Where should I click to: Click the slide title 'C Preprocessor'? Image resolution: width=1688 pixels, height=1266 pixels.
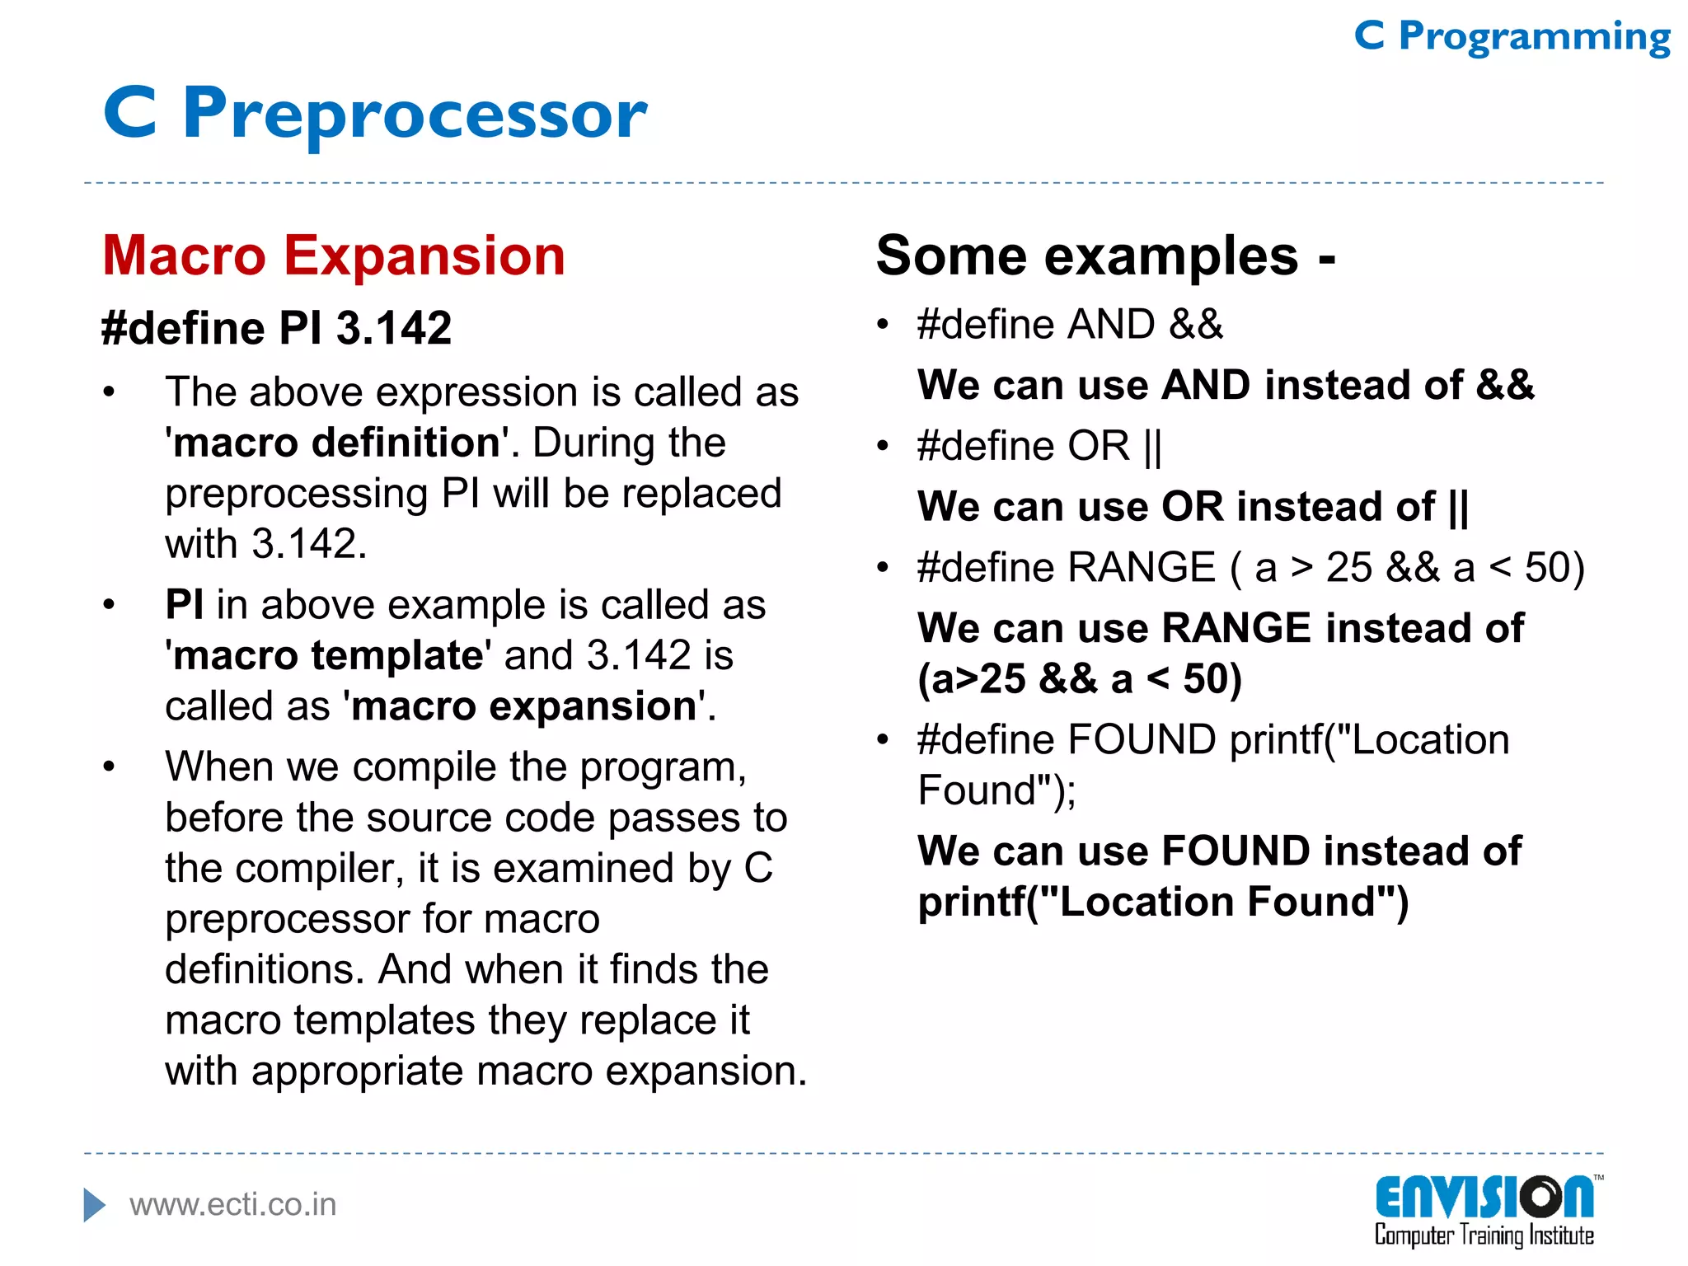(x=375, y=114)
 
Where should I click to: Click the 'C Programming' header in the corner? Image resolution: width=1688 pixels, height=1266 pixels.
(x=1512, y=37)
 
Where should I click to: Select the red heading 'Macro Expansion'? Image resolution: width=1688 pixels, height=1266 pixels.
(x=334, y=256)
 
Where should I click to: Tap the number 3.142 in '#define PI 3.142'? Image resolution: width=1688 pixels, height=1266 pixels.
(x=394, y=328)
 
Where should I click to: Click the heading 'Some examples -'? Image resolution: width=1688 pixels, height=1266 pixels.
(x=1104, y=256)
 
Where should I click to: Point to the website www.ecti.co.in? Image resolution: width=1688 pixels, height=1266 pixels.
(x=233, y=1205)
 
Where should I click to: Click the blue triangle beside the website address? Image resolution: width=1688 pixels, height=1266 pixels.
(x=94, y=1205)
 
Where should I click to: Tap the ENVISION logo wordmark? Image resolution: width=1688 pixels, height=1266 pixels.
(x=1484, y=1198)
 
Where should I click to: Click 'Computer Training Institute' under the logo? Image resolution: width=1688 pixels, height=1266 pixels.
(x=1484, y=1236)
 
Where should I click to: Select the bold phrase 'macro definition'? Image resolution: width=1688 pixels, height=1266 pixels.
(x=337, y=443)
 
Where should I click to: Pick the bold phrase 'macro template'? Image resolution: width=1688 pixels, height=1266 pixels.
(x=328, y=656)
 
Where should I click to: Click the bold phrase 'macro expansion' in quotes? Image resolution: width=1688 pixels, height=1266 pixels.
(x=524, y=707)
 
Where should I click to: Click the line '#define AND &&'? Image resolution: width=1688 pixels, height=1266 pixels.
(x=1069, y=325)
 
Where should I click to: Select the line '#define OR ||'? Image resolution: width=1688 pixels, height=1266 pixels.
(x=1039, y=447)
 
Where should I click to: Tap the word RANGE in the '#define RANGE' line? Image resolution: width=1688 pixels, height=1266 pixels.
(x=1141, y=568)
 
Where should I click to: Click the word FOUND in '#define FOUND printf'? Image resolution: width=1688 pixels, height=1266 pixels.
(x=1141, y=740)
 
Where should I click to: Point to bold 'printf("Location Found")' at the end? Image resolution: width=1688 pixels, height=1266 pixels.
(x=1163, y=903)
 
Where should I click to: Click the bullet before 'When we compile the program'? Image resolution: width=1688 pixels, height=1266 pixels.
(x=109, y=767)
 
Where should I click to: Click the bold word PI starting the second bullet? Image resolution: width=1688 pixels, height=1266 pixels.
(x=184, y=605)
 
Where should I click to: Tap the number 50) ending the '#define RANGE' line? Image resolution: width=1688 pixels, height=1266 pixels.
(x=1554, y=568)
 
